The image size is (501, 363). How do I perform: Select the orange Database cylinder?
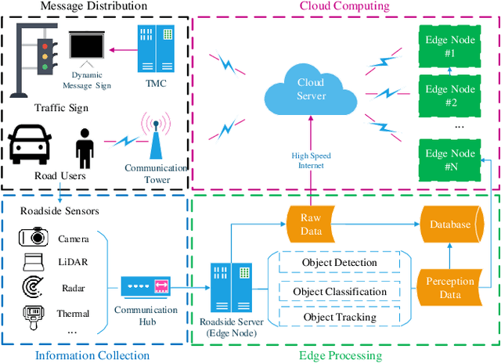pos(449,225)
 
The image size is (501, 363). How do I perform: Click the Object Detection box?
pos(339,262)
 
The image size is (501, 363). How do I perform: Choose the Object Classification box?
pos(339,291)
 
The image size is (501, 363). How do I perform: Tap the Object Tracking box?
pos(339,317)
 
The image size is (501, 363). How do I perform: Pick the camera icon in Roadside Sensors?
pos(34,238)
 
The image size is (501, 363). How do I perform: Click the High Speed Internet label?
pos(310,160)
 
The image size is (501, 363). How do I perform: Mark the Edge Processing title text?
pos(341,355)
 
